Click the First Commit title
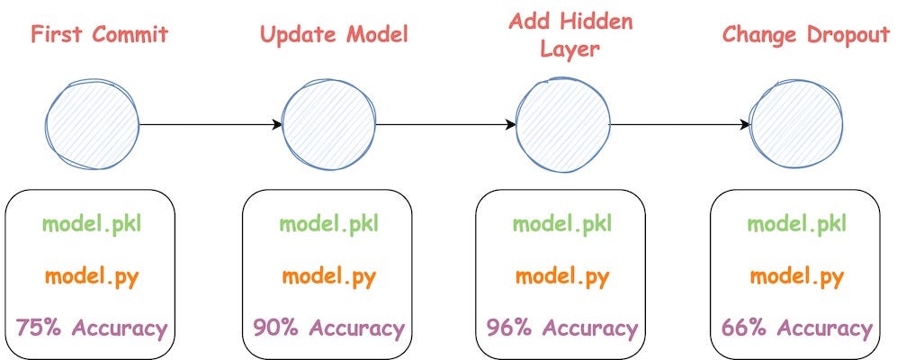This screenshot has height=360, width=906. (99, 36)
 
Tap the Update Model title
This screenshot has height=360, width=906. (334, 36)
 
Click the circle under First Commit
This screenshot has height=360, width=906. (93, 123)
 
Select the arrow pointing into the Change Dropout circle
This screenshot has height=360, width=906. (680, 124)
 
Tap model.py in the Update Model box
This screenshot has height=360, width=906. (328, 275)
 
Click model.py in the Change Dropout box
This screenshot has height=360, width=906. (797, 275)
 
